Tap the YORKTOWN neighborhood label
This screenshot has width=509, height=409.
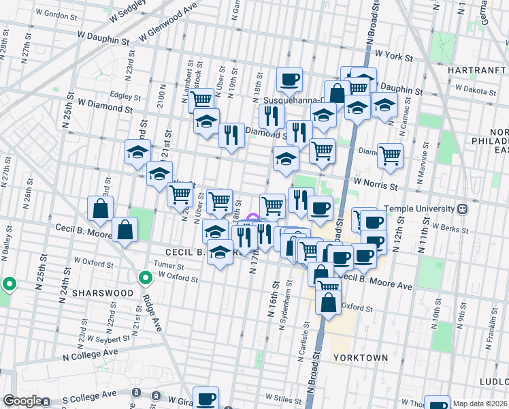click(361, 357)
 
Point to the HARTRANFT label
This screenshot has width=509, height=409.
click(476, 70)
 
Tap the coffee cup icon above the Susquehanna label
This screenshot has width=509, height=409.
click(289, 79)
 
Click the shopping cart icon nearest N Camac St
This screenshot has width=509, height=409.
click(390, 155)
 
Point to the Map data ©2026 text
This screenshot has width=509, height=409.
click(480, 404)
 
